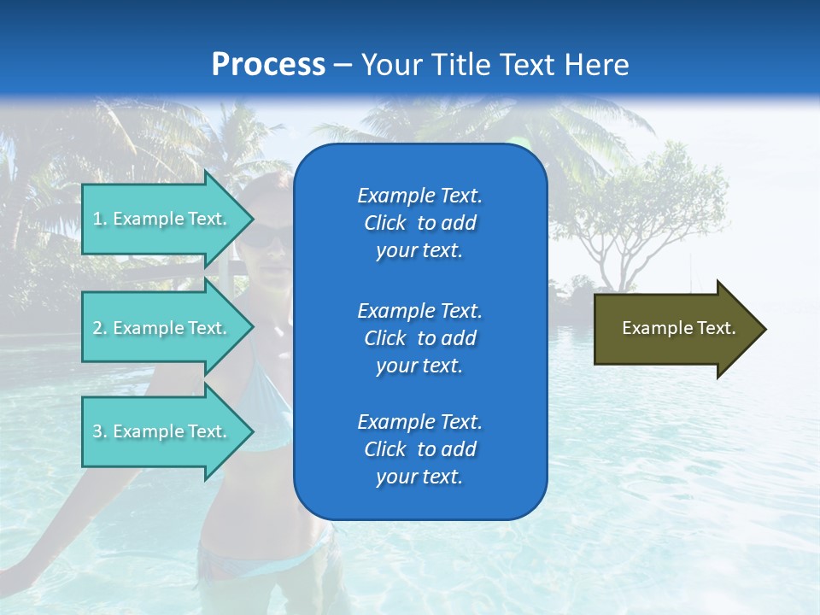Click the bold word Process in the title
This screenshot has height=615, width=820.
point(268,65)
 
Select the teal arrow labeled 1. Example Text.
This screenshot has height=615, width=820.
point(162,219)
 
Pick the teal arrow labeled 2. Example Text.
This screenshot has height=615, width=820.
point(162,328)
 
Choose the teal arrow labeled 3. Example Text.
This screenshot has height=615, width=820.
point(162,431)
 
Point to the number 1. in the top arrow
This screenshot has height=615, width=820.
point(100,219)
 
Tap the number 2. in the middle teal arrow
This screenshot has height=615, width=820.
point(100,328)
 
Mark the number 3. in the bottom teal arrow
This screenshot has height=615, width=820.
point(100,431)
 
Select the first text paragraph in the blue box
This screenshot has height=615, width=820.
point(419,223)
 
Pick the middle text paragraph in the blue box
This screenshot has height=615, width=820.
point(419,338)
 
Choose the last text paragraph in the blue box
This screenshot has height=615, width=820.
point(419,449)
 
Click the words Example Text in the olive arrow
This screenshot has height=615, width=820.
point(678,328)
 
